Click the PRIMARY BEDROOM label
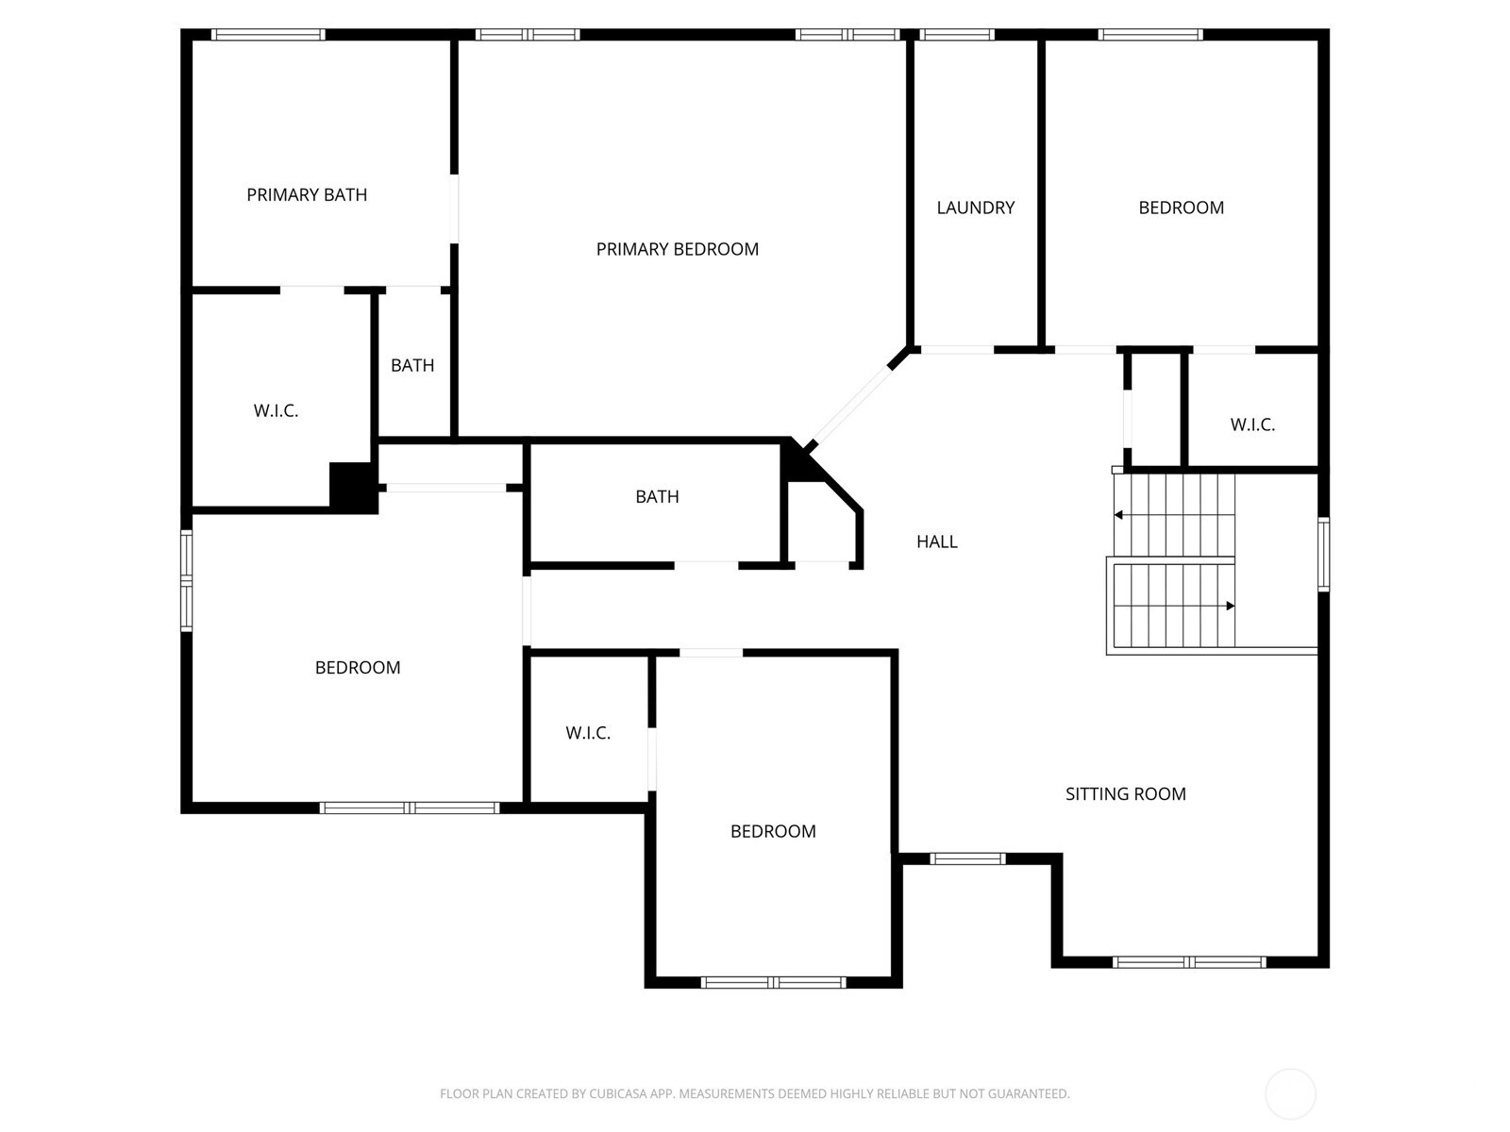coord(677,249)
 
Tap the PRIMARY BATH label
coord(307,195)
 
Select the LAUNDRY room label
coord(975,208)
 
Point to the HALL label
coord(936,541)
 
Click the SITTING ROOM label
coord(1125,794)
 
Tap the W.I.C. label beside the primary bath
coord(276,411)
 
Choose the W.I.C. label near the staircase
coord(1252,425)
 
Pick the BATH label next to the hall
coord(657,497)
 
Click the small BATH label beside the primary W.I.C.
coord(412,366)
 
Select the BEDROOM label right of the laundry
coord(1181,208)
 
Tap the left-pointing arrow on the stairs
coord(1119,515)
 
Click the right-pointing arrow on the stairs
coord(1229,606)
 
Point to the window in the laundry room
coord(957,35)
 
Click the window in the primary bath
coord(268,35)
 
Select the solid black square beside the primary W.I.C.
coord(353,487)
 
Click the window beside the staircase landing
coord(1323,555)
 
